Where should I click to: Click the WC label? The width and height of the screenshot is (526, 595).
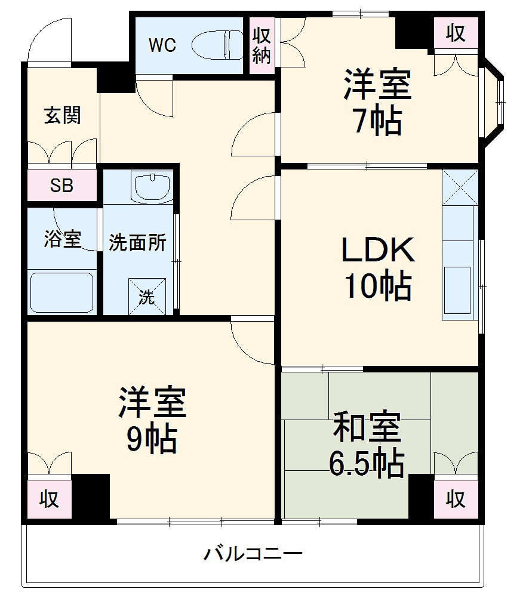(162, 46)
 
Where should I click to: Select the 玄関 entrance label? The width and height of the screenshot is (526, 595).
(61, 116)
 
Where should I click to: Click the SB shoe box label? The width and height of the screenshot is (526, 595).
(61, 186)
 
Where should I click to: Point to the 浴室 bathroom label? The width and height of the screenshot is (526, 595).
(61, 239)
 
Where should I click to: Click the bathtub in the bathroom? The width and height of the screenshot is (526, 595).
(62, 292)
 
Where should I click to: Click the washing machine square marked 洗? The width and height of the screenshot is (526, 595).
(146, 296)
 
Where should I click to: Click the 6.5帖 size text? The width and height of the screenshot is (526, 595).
(367, 463)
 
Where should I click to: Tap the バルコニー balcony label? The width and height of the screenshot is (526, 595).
(253, 554)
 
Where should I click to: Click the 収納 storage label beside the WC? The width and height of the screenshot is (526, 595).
(262, 46)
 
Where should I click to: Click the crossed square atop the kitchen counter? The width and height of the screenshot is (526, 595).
(460, 187)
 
